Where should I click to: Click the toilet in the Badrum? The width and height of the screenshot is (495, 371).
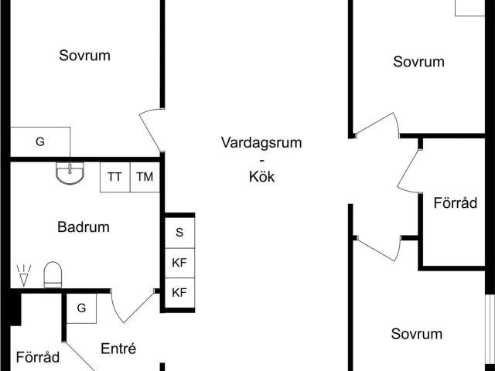(53, 274)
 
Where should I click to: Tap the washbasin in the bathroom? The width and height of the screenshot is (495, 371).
(70, 173)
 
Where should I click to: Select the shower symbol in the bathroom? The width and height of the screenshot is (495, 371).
(24, 275)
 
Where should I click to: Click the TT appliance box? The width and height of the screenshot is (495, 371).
(115, 177)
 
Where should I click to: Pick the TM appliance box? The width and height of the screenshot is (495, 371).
(145, 177)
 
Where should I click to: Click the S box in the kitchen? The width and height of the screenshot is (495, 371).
(179, 233)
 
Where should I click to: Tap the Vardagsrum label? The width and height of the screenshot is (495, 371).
(261, 142)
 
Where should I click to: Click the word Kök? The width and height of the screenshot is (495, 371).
(261, 177)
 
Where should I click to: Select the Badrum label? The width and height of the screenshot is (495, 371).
(84, 227)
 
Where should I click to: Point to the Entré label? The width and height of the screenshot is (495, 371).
(118, 349)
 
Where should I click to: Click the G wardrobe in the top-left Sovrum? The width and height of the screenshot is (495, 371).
(40, 142)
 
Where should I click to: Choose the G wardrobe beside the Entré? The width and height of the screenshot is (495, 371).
(81, 308)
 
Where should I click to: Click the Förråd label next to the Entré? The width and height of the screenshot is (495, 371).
(38, 357)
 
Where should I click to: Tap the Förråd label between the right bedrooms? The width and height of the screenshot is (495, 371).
(456, 203)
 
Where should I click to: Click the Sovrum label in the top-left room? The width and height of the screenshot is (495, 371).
(84, 56)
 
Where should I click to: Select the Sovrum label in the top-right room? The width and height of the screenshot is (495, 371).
(418, 62)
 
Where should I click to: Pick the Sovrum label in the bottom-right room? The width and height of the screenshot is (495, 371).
(417, 334)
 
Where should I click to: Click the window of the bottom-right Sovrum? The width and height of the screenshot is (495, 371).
(490, 333)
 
